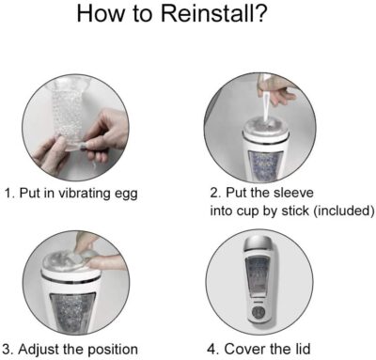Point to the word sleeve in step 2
pos(293,193)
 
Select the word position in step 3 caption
pos(113,350)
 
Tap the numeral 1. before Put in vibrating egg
pos(9,193)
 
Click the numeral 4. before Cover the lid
pos(213,349)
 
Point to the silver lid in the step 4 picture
pos(259,243)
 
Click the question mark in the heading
pos(259,13)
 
